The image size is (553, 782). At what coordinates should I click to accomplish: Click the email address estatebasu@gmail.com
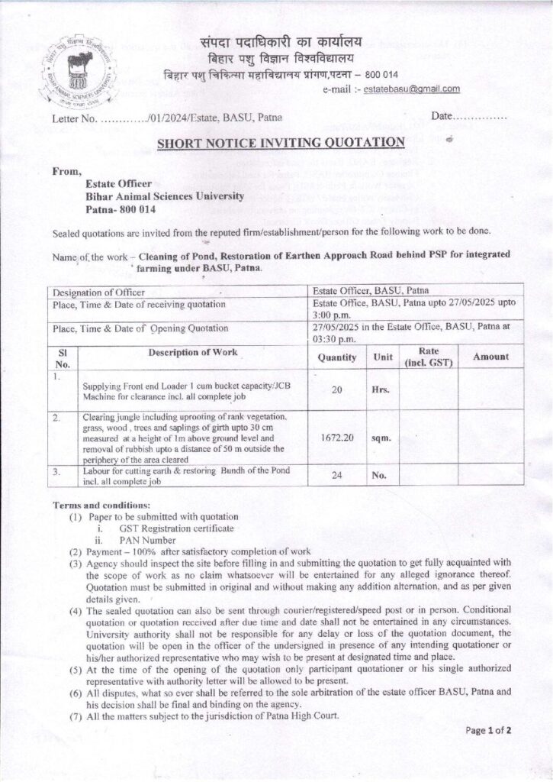412,89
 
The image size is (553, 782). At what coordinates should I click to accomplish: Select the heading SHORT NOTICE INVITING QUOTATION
280,141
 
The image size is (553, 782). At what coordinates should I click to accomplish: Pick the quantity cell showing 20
337,389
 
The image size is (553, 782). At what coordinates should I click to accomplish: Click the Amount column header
490,357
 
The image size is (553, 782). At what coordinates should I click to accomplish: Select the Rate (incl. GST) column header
427,357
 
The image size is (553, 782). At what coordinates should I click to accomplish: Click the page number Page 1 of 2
489,730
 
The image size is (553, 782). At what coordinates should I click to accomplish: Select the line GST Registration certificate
176,528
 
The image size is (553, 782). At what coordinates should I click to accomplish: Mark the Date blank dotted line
480,117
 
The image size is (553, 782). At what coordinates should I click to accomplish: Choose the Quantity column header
337,357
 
